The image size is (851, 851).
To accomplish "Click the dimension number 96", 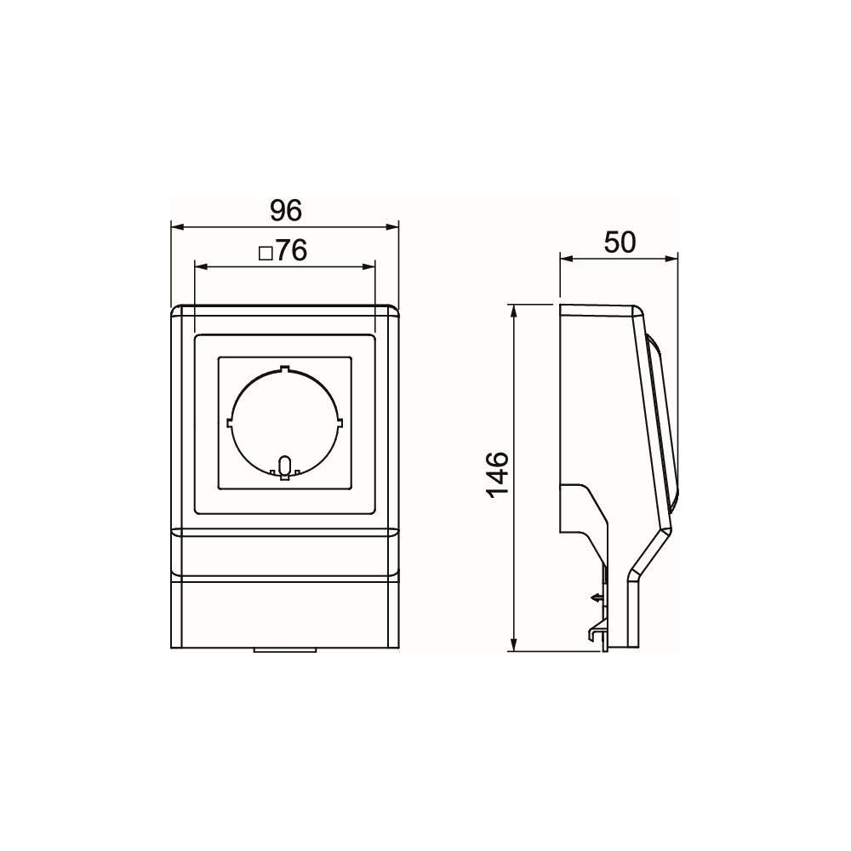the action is point(286,210).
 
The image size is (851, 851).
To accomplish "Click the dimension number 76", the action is point(292,250).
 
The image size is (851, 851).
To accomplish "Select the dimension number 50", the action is point(620,243).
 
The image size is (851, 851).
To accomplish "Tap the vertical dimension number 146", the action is point(498,473).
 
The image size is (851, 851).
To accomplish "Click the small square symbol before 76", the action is point(266,254).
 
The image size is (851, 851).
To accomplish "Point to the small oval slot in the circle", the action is point(284,465).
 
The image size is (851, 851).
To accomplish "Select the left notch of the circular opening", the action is point(229,421).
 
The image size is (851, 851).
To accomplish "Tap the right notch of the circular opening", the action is point(341,421).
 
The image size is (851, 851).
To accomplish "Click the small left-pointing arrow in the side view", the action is point(597,597).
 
